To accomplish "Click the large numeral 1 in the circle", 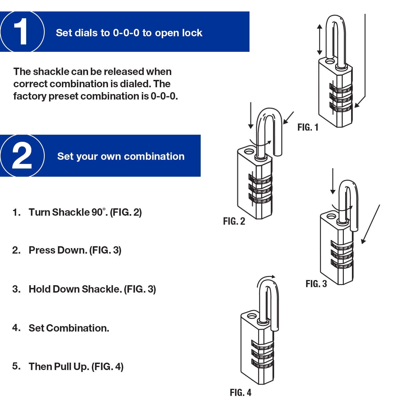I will pos(21,32).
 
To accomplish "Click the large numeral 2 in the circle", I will pos(22,156).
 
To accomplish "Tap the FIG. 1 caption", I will pos(308,127).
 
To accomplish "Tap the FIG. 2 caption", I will pos(234,221).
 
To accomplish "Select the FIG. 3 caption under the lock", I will pos(316,284).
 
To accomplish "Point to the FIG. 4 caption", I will pos(240,393).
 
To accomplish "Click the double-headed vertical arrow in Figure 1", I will pos(320,39).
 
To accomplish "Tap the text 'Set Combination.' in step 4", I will pos(69,328).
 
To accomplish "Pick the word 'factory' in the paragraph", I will pos(29,96).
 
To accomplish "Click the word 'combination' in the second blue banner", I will pos(154,157).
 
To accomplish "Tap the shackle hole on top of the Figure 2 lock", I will pos(249,151).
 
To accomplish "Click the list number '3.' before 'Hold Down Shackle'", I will pos(16,289).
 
